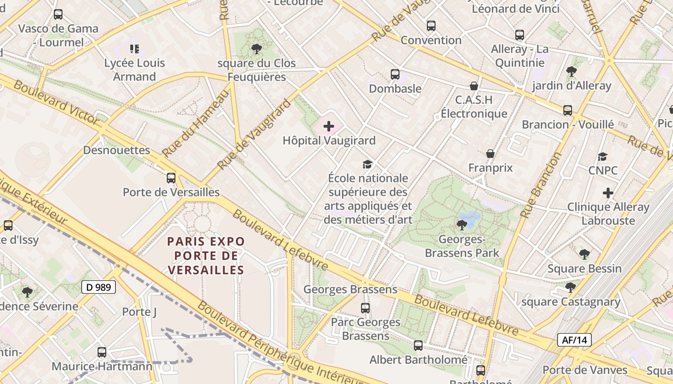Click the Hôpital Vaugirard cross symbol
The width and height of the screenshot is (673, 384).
329,126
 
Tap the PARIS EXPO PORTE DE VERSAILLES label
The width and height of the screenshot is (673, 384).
206,255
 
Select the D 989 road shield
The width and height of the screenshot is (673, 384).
99,288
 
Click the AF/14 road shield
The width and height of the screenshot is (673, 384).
574,340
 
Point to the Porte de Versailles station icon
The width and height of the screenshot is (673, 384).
171,178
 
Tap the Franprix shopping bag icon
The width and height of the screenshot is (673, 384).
490,154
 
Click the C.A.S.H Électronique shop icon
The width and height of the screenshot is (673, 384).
474,86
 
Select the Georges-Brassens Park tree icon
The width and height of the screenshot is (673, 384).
462,225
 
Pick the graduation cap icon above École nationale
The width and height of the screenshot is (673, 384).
368,164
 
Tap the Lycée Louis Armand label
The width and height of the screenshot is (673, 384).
135,70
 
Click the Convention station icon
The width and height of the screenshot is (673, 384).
431,26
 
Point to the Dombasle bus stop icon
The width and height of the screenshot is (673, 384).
395,74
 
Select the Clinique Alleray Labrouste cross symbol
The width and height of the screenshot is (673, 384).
608,193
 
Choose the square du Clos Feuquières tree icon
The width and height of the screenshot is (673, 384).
257,49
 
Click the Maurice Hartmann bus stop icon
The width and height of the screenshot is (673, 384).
102,352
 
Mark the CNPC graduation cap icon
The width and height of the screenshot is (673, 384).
603,156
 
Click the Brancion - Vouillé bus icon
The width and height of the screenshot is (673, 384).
568,110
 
